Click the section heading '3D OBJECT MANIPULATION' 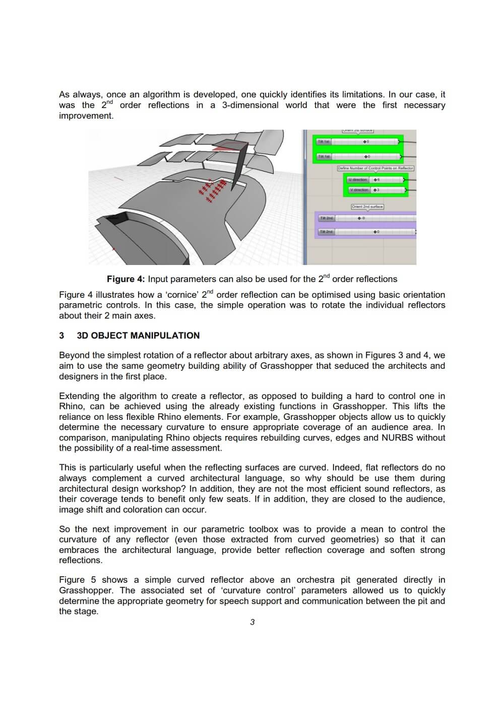point(138,336)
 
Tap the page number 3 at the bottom point(253,622)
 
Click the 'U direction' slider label point(358,180)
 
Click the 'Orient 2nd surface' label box point(367,206)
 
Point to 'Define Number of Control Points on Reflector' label point(375,168)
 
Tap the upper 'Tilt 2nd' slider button point(326,218)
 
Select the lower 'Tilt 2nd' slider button point(326,232)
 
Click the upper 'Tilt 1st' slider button point(323,142)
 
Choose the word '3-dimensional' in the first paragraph point(250,105)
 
